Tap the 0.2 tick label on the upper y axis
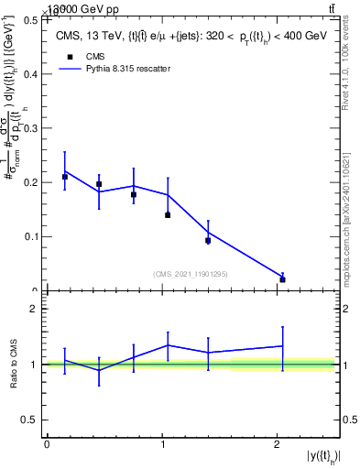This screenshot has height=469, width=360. pyautogui.click(x=33, y=182)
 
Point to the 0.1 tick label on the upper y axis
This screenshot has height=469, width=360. pyautogui.click(x=33, y=236)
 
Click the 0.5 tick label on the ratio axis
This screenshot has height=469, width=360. pyautogui.click(x=33, y=420)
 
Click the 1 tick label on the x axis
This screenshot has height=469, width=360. pyautogui.click(x=161, y=444)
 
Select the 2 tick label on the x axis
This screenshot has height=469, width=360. pyautogui.click(x=277, y=444)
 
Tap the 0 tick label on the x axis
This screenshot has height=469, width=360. pyautogui.click(x=47, y=444)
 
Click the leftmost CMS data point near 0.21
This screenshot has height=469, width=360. pyautogui.click(x=65, y=177)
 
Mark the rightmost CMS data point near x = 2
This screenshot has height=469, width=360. pyautogui.click(x=282, y=279)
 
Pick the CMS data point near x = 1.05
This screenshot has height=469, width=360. pyautogui.click(x=168, y=215)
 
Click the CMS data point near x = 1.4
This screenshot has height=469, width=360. pyautogui.click(x=208, y=241)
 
